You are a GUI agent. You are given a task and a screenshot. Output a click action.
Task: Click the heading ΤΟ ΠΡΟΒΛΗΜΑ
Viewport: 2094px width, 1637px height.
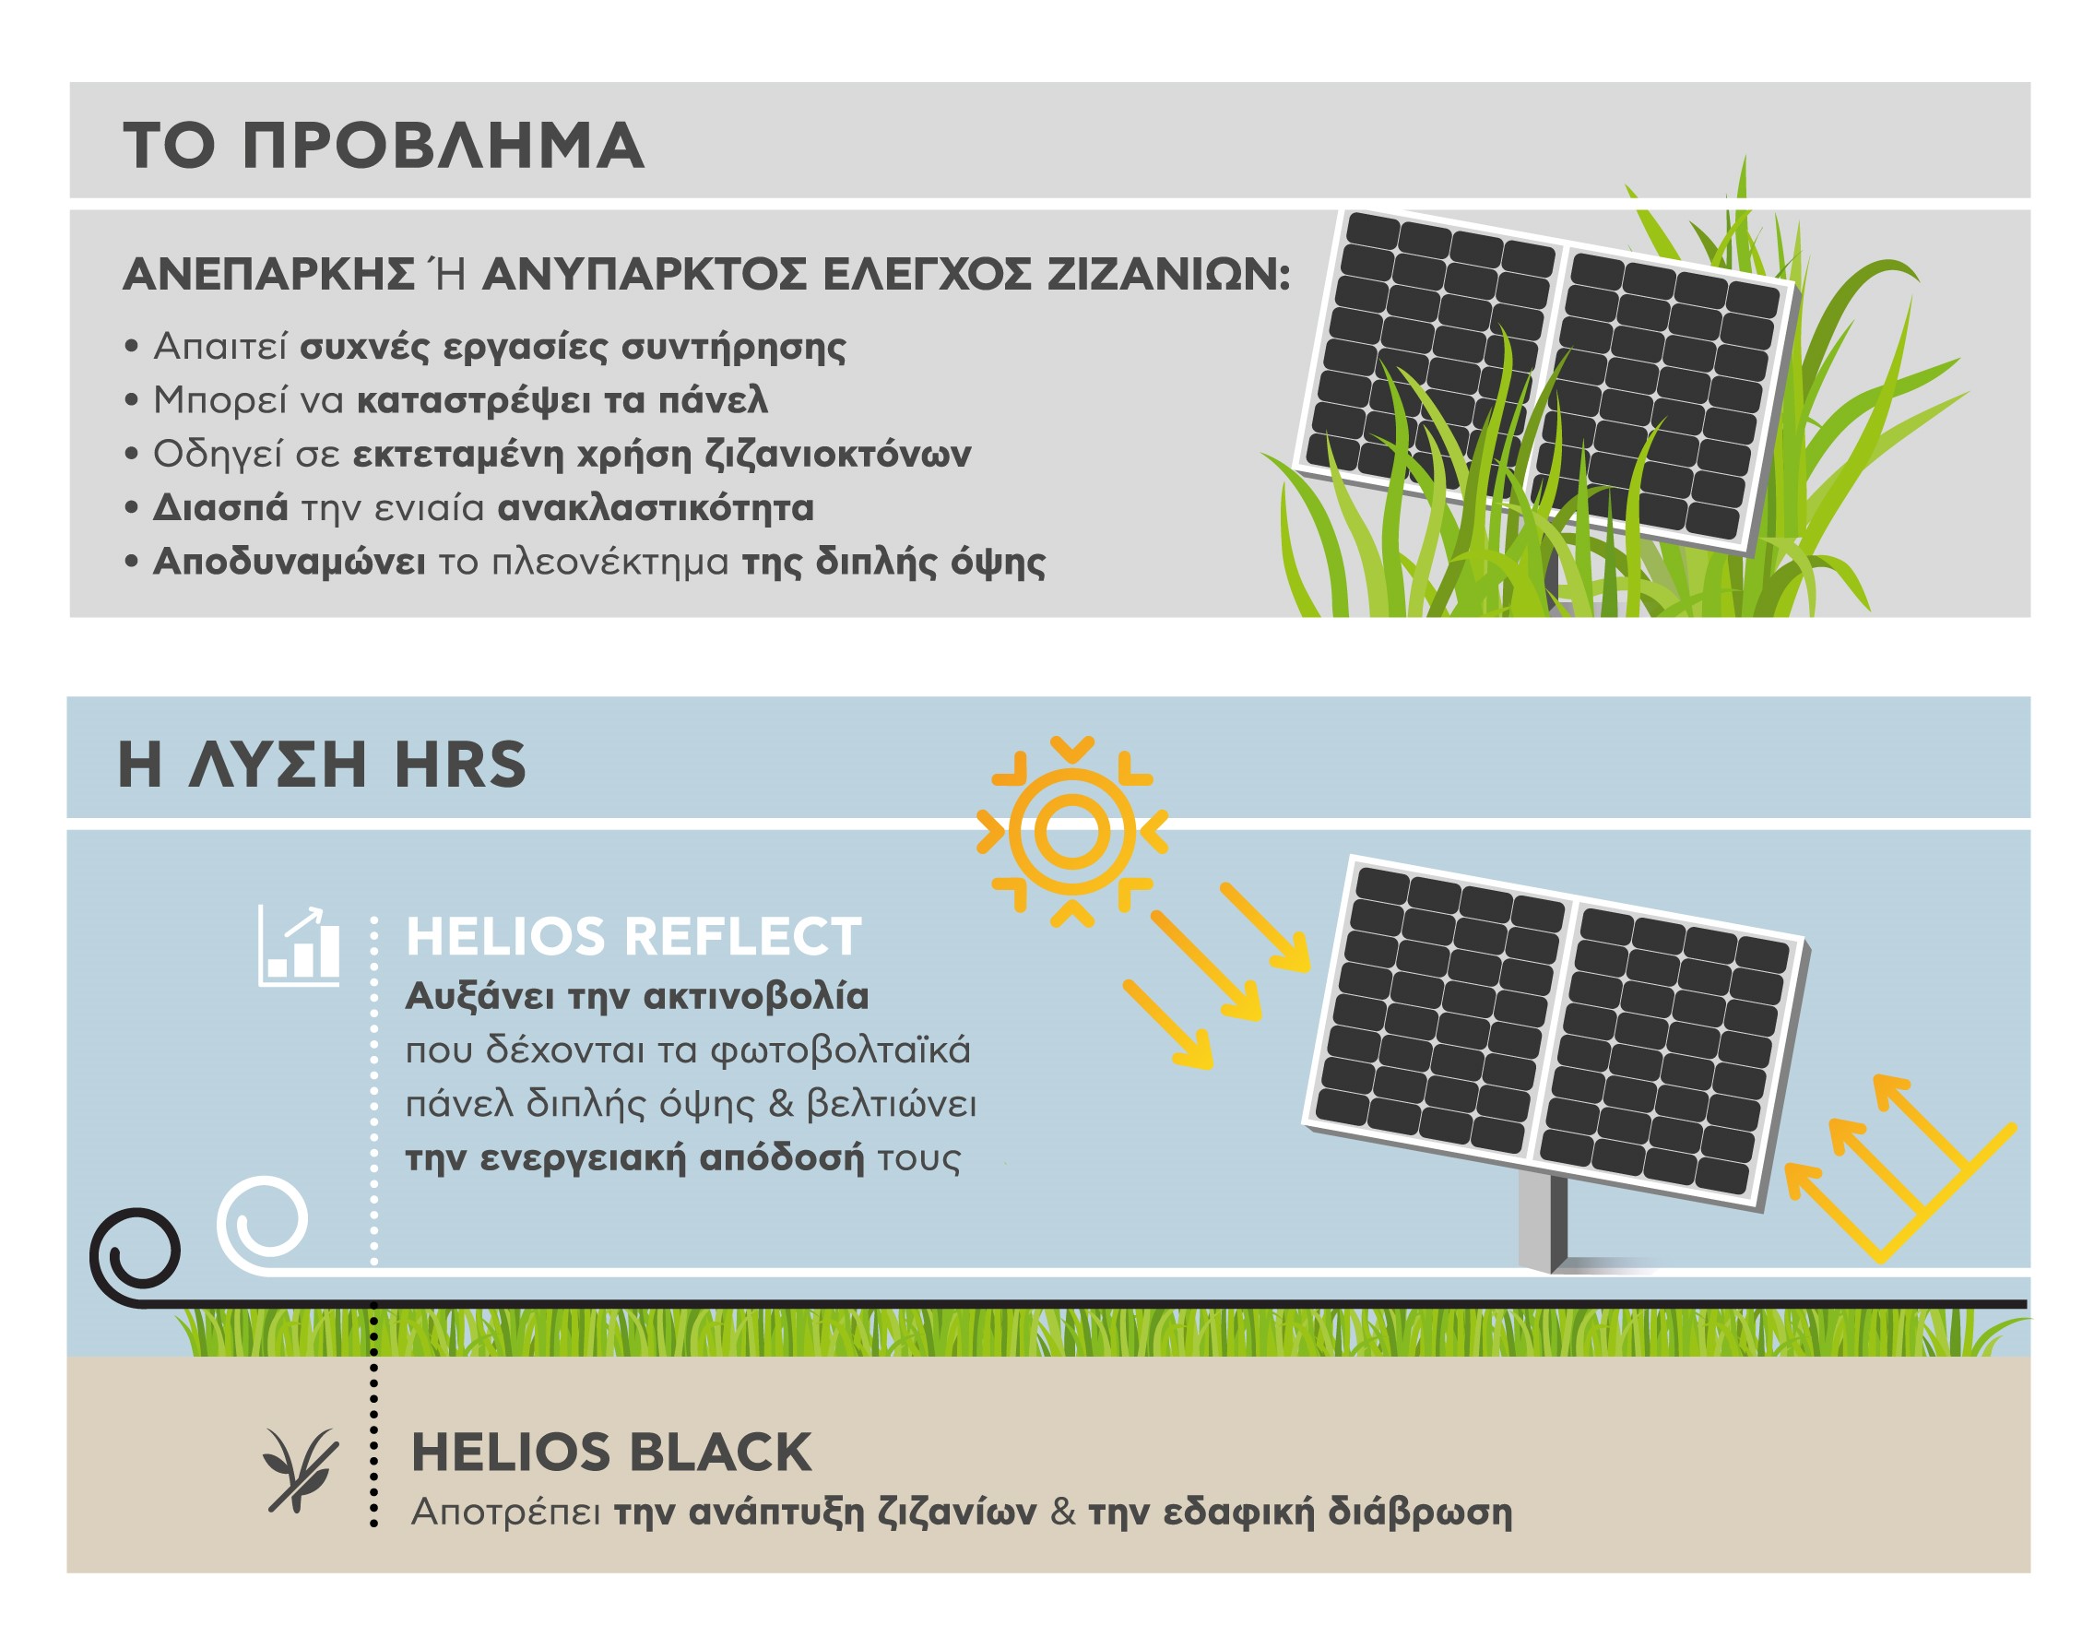coord(384,146)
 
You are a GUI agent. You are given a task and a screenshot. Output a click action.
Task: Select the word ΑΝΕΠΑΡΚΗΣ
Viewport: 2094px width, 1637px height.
coord(268,275)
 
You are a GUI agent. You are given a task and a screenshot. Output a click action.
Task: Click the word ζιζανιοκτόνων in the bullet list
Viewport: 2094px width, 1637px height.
coord(838,454)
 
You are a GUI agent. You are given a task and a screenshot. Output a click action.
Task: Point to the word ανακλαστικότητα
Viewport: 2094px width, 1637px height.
coord(656,507)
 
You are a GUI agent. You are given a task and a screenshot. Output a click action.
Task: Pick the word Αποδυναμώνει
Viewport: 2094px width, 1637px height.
coord(289,562)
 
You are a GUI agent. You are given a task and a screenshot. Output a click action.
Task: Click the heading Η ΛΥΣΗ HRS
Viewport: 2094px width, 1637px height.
coord(322,765)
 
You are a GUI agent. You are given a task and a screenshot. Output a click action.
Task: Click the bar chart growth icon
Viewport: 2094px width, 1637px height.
coord(299,945)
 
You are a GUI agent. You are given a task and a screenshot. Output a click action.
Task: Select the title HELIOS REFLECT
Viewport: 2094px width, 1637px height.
coord(633,937)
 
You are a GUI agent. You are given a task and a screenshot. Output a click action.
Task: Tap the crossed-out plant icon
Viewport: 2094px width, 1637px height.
coord(300,1471)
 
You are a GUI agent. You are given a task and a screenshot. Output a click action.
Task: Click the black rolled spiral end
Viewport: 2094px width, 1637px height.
coord(136,1254)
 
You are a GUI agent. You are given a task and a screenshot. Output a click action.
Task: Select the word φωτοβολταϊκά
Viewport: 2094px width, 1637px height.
coord(841,1050)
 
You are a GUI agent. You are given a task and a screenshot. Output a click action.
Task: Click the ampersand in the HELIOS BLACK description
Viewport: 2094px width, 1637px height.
coord(1062,1512)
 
